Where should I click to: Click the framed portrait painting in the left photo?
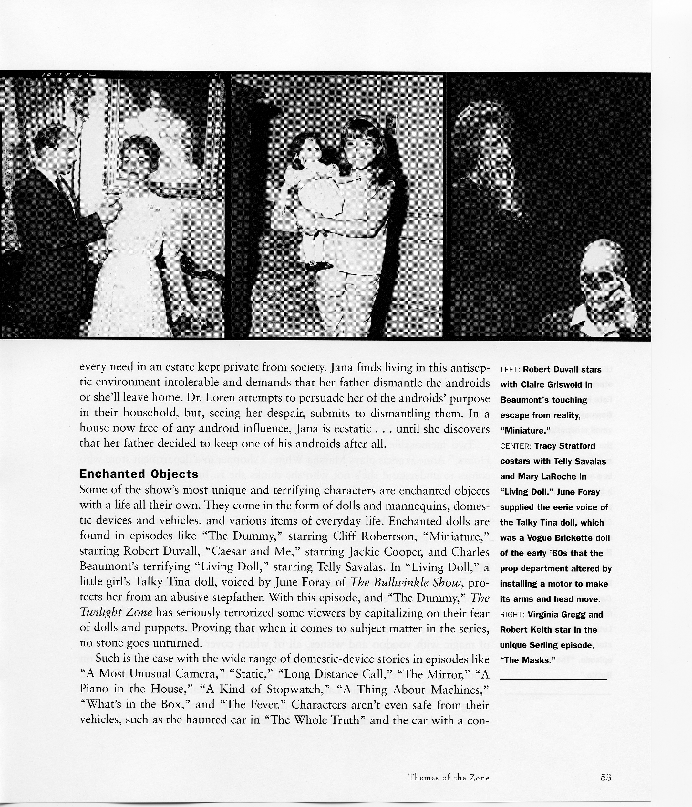tap(164, 136)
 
